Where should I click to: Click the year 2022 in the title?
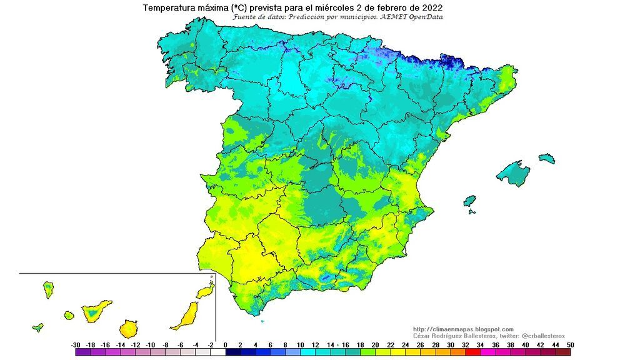[x=431, y=7]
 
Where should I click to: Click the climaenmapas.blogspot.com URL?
[x=463, y=329]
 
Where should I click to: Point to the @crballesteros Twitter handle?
[x=542, y=336]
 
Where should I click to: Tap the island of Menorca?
[x=547, y=158]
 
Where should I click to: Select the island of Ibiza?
[x=470, y=201]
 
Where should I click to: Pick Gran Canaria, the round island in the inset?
[x=129, y=327]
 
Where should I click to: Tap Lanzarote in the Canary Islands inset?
[x=204, y=291]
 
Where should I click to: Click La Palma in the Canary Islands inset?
[x=47, y=289]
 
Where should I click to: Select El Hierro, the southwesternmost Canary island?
[x=38, y=326]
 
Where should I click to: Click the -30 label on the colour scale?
[x=76, y=345]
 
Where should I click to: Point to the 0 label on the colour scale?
[x=225, y=345]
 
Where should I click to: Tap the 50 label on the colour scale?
[x=570, y=345]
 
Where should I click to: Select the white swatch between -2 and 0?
[x=217, y=352]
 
